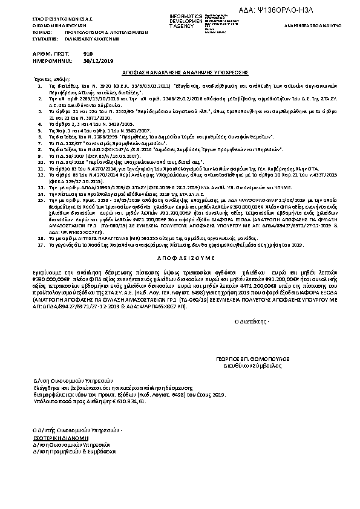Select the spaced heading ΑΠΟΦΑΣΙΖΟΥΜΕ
click(x=179, y=256)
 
